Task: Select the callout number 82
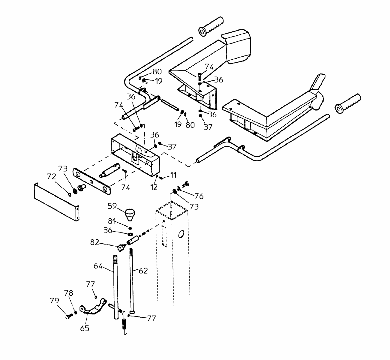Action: pos(95,242)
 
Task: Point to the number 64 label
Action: pos(98,266)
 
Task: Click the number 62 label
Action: pos(143,271)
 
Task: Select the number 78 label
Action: pos(69,293)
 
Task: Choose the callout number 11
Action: pos(174,175)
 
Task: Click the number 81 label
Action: pos(112,221)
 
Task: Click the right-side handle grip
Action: pos(348,103)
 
